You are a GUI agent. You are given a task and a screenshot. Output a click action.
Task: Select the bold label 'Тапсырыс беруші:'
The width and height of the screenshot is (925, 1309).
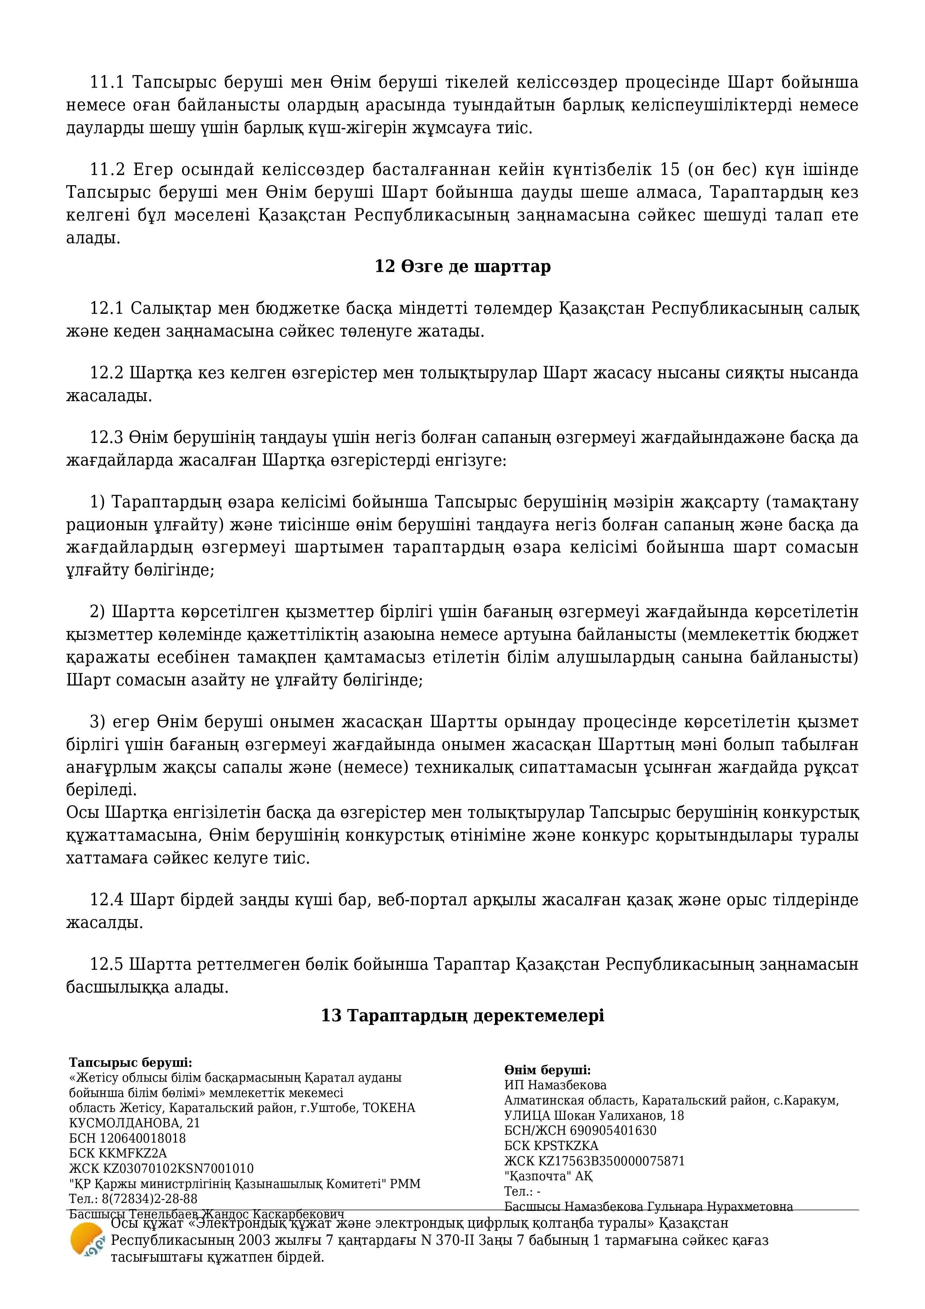coord(131,1063)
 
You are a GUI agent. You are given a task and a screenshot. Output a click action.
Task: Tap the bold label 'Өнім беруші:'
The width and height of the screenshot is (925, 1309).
coord(547,1070)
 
